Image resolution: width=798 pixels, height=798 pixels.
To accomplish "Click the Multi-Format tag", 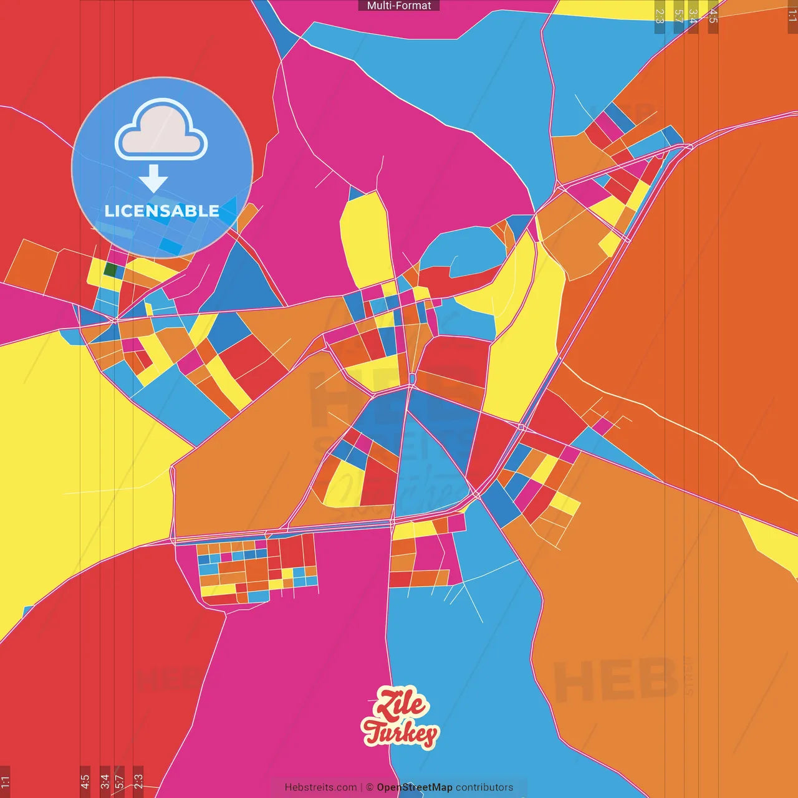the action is click(399, 6).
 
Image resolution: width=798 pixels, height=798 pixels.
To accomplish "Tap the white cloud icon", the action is click(161, 128).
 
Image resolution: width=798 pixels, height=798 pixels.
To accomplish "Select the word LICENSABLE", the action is click(162, 211).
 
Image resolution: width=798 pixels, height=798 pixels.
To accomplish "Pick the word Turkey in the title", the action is click(400, 732).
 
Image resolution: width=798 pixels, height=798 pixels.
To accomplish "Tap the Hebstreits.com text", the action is click(320, 787).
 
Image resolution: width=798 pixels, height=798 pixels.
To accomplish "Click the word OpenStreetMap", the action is click(415, 787).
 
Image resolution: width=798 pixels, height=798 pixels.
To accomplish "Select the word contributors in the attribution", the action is click(484, 787).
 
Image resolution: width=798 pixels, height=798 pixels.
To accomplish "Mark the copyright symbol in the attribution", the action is click(370, 787).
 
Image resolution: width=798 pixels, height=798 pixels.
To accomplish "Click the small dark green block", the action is click(110, 270).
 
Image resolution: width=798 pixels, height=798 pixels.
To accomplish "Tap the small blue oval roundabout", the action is click(412, 378).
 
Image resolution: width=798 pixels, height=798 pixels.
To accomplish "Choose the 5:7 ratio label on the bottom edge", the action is click(119, 781).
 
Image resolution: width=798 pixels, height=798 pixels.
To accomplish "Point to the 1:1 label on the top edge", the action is click(792, 16).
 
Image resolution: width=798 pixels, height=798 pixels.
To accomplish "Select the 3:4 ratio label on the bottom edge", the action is click(105, 781).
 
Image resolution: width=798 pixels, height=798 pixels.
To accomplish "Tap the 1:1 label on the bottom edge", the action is click(6, 781).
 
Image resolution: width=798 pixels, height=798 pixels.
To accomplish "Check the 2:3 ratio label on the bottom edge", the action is click(138, 781).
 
